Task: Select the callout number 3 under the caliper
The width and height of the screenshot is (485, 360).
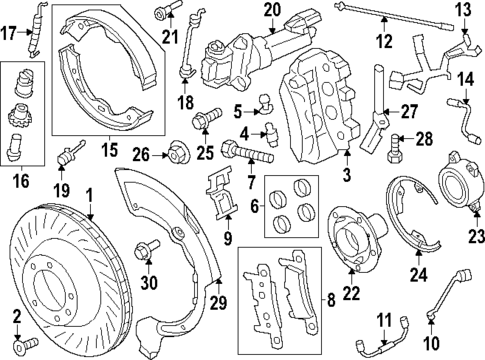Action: coord(347,177)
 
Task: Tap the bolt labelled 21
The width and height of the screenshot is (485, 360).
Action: coord(164,13)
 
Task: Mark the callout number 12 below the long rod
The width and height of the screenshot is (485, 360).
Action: coord(385,41)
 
